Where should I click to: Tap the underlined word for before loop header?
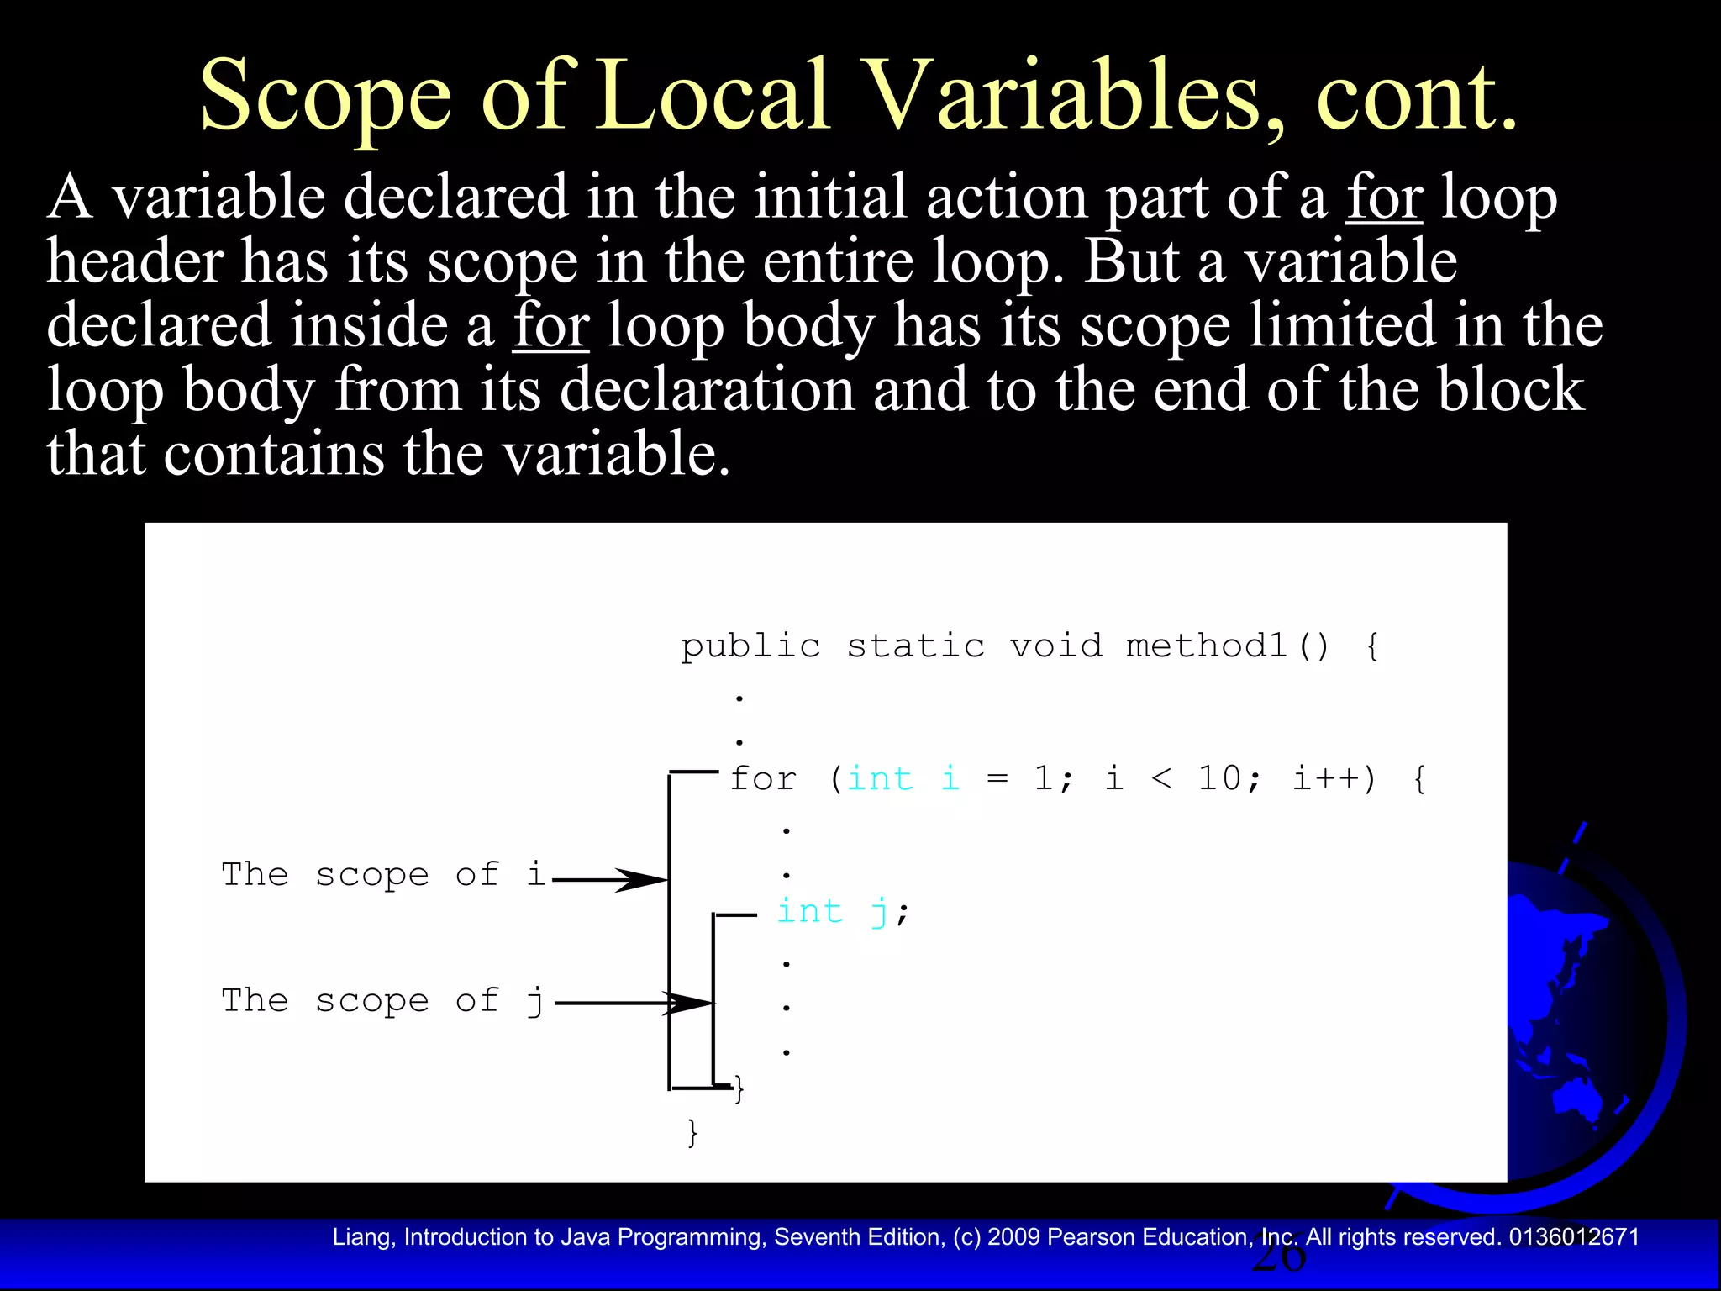(x=1384, y=198)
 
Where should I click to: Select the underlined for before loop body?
(x=551, y=326)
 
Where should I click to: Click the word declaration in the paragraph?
(x=706, y=390)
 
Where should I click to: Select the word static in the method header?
(x=915, y=645)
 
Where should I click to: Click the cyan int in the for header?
(x=880, y=778)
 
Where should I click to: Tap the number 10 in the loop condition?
(x=1218, y=778)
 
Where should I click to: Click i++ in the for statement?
(x=1325, y=778)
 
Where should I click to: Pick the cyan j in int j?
(x=879, y=911)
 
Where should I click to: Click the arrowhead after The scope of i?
(x=643, y=880)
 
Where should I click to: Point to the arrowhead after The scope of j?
(x=689, y=1003)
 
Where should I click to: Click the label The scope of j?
(x=382, y=1000)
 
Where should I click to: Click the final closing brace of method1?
(x=692, y=1132)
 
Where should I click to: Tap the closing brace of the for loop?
(x=739, y=1088)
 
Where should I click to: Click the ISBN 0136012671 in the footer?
(x=1574, y=1237)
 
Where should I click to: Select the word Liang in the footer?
(x=363, y=1237)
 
